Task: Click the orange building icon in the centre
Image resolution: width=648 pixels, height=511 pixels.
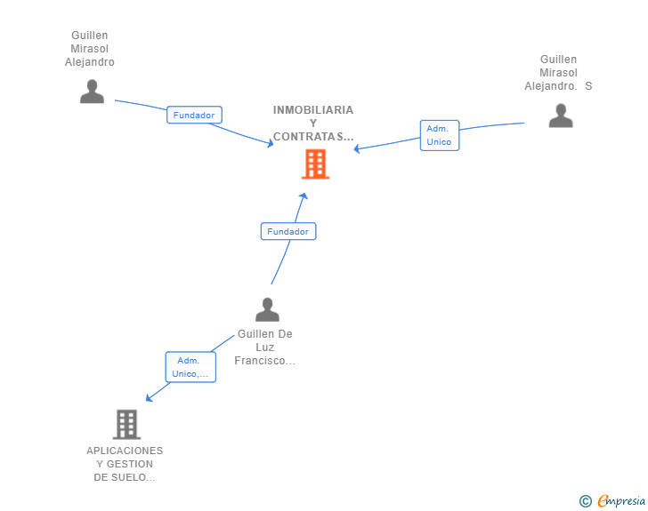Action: pos(315,164)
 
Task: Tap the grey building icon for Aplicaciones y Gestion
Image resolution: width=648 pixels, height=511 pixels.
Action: pos(126,425)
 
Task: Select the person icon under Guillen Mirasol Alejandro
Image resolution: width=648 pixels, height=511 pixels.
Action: pos(92,92)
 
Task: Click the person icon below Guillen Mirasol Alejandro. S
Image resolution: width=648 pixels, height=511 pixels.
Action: pos(561,116)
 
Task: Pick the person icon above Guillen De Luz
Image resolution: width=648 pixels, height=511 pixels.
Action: pos(267,309)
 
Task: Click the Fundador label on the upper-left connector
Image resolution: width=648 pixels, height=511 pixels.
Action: pos(194,115)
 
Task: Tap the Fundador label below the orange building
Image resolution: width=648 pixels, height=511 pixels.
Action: pos(288,231)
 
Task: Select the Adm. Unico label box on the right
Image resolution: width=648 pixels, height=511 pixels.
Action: pos(439,135)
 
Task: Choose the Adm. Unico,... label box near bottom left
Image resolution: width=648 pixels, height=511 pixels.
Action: pos(190,367)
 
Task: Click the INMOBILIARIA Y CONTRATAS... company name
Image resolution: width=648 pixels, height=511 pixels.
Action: pos(313,124)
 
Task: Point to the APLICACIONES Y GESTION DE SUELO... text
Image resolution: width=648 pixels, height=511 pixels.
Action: pos(125,464)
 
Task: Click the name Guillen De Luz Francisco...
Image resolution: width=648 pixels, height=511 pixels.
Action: pos(265,347)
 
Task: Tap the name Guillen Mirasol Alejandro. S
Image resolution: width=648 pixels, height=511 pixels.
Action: pos(558,73)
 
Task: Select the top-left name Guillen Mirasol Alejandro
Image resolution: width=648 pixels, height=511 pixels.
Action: pos(90,49)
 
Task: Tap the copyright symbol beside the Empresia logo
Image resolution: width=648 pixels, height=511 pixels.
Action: pos(585,501)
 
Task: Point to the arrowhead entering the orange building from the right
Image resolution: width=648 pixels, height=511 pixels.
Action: pos(357,148)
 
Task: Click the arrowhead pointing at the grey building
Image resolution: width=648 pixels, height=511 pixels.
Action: pos(149,398)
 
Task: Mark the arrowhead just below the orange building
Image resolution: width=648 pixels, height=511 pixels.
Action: pos(304,196)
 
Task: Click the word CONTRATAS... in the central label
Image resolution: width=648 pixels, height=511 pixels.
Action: pos(313,137)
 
